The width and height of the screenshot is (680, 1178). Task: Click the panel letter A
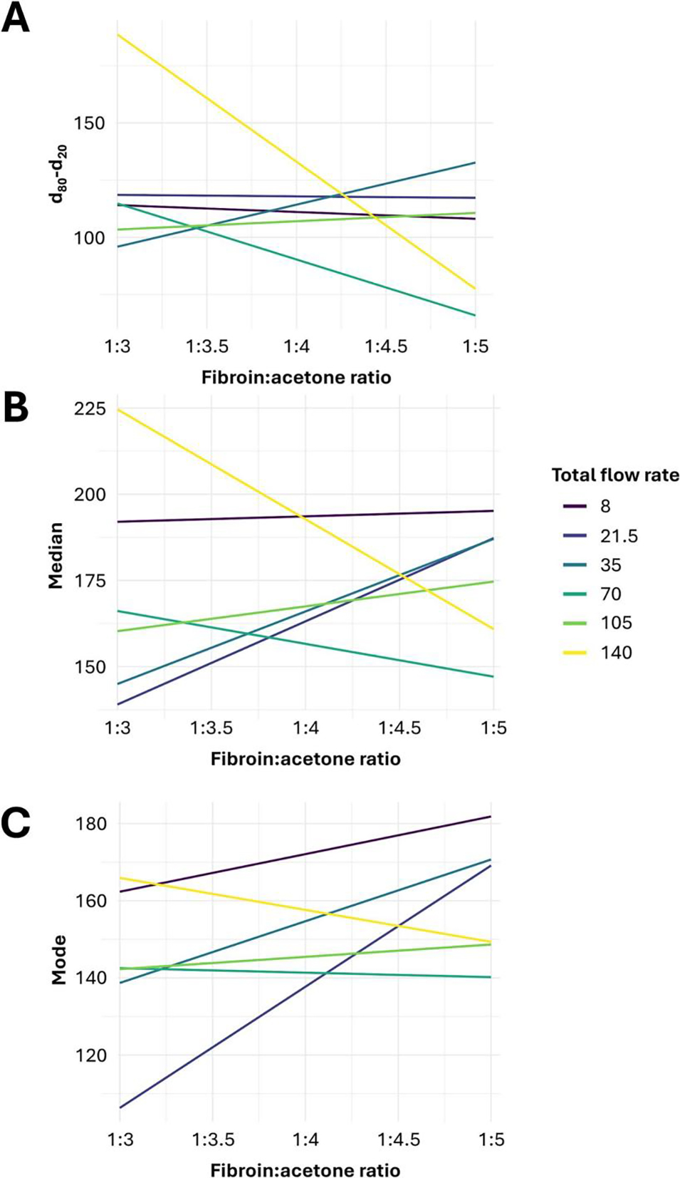pyautogui.click(x=16, y=18)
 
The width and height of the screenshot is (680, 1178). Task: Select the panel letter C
pyautogui.click(x=16, y=822)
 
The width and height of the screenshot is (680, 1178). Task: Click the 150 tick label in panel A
pyautogui.click(x=89, y=123)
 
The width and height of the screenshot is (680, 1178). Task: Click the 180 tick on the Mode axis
pyautogui.click(x=90, y=824)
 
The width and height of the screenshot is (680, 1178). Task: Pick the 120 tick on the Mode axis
pyautogui.click(x=90, y=1055)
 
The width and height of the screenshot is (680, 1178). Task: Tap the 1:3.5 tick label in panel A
pyautogui.click(x=207, y=347)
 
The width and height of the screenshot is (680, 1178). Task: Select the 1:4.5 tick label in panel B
pyautogui.click(x=399, y=728)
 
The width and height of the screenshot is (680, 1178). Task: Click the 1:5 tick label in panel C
pyautogui.click(x=491, y=1140)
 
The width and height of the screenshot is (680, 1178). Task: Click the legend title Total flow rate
pyautogui.click(x=615, y=475)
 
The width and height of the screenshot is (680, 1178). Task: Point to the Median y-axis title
pyautogui.click(x=56, y=556)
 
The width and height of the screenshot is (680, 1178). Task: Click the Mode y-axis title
pyautogui.click(x=58, y=960)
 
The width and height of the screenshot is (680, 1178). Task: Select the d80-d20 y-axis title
pyautogui.click(x=58, y=174)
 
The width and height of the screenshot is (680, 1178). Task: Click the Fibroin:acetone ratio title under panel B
pyautogui.click(x=305, y=759)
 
